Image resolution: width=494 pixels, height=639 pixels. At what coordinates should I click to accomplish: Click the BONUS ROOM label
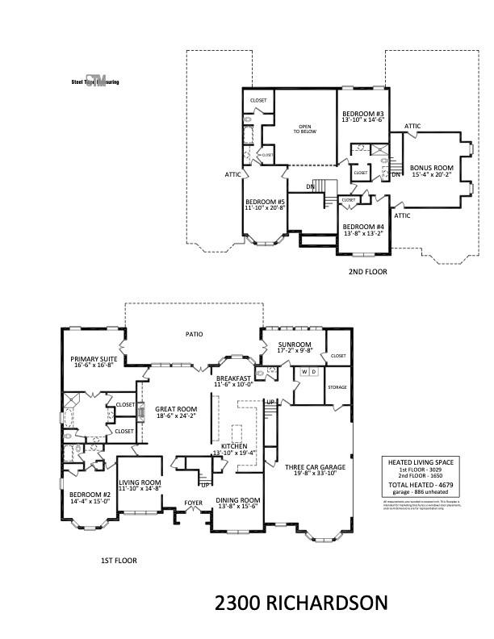(x=432, y=168)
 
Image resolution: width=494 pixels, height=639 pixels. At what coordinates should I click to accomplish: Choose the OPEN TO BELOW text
(x=304, y=129)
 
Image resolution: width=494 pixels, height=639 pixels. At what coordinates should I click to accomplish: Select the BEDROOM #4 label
(x=362, y=227)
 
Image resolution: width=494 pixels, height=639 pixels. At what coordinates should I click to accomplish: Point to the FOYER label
(x=193, y=503)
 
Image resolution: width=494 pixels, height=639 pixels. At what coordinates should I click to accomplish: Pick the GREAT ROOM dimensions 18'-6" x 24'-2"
(x=176, y=417)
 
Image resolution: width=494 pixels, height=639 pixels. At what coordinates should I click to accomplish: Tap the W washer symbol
(x=304, y=372)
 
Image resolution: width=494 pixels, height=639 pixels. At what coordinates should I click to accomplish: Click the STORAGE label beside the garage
(x=337, y=387)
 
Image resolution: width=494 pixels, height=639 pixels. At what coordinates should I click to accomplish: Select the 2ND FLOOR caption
(x=367, y=272)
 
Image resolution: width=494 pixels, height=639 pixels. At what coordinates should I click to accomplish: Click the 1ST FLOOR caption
(x=118, y=559)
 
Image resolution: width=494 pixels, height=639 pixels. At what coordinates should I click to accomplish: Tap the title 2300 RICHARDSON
(x=301, y=603)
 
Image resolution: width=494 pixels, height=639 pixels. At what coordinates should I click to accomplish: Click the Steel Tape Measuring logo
(x=95, y=81)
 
